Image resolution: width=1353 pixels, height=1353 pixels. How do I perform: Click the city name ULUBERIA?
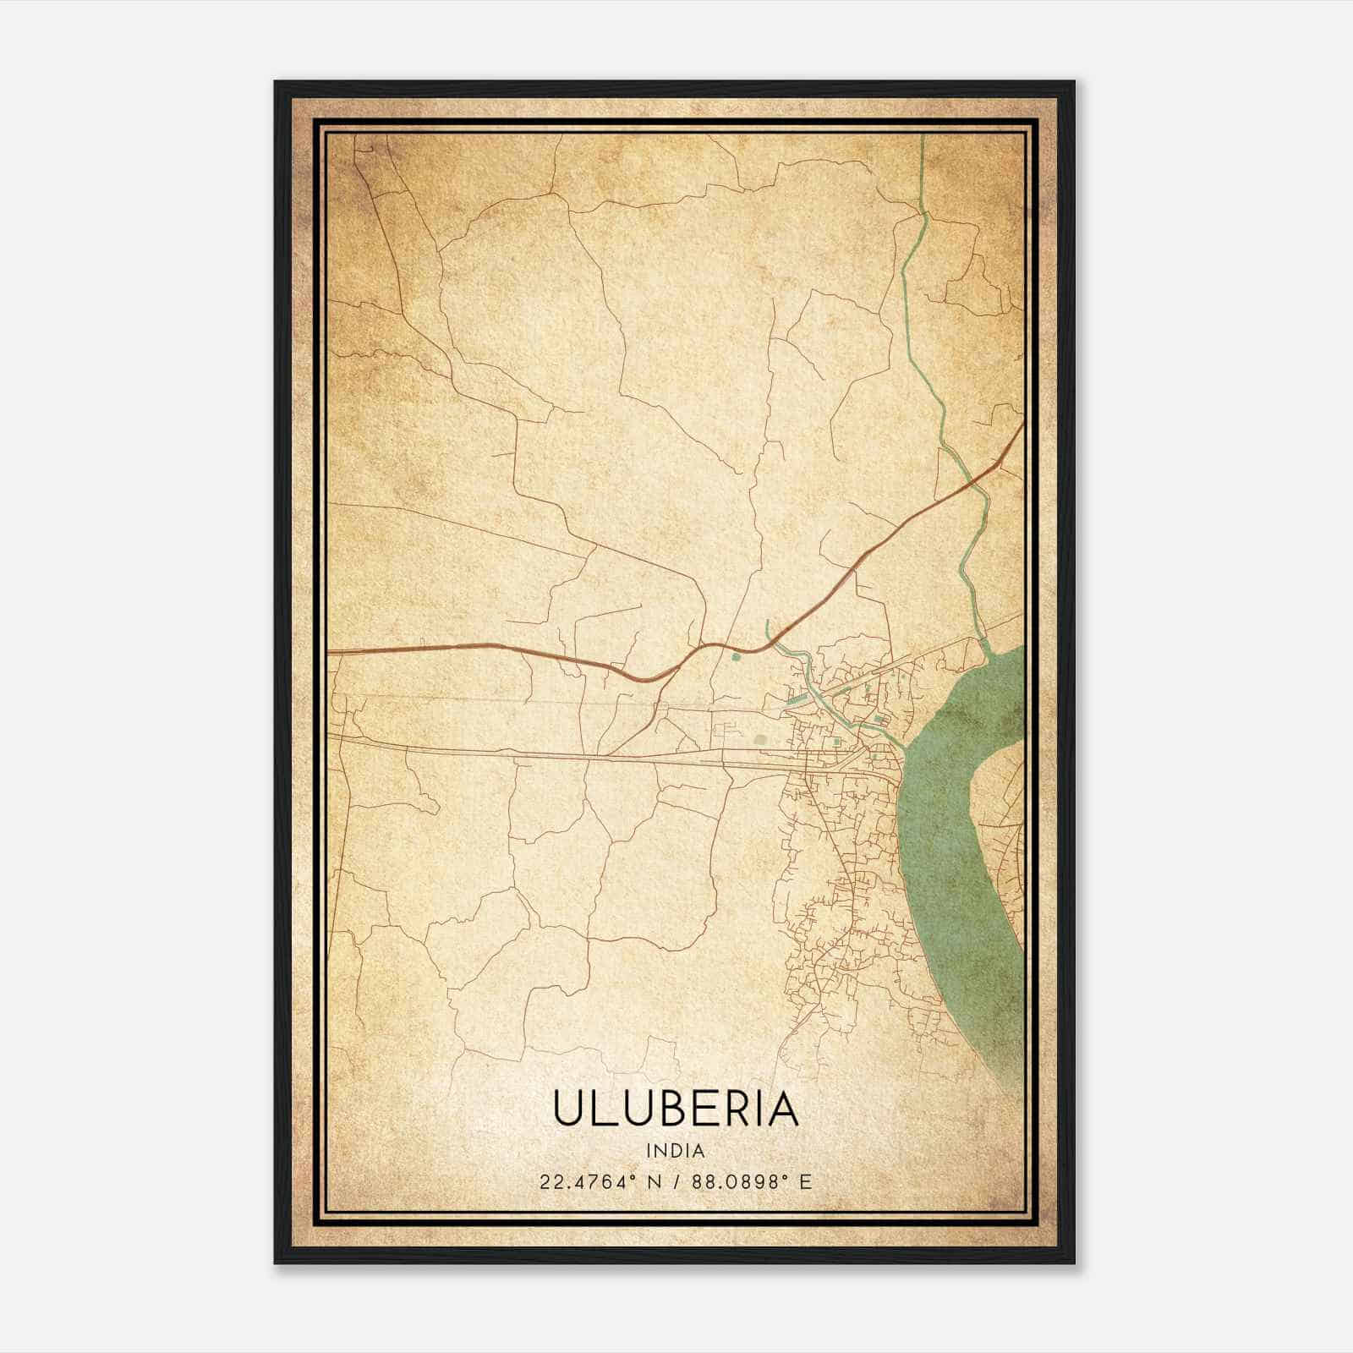coord(676,1109)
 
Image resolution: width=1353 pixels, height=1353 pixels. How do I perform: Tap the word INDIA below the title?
coord(676,1151)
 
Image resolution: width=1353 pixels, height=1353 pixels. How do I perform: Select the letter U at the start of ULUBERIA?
coord(568,1109)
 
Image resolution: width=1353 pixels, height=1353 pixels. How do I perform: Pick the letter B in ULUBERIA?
coord(670,1109)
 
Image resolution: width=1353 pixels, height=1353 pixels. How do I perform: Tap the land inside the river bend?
coord(1002,782)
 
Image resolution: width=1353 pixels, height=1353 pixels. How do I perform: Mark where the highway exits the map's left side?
coord(329,652)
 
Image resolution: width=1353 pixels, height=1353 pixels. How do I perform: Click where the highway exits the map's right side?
coord(1023,422)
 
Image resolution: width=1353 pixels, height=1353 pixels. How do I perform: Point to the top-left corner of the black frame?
coord(277,83)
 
